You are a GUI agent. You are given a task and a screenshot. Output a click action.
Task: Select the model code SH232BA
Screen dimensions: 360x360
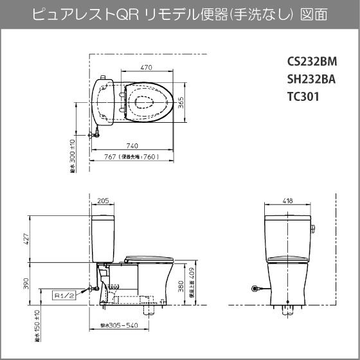[312, 80]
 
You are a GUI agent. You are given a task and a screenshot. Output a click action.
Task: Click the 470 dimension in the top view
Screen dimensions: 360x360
[147, 67]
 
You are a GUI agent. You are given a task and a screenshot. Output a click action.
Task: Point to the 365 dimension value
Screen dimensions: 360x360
[181, 103]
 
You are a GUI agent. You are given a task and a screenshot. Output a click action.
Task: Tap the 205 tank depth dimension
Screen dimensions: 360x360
[103, 201]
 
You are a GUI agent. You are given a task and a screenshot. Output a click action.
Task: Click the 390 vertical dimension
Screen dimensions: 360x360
[26, 283]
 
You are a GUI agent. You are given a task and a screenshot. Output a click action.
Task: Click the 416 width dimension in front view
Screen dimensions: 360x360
[287, 201]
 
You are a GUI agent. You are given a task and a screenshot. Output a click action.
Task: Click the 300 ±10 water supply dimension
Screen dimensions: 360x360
[73, 155]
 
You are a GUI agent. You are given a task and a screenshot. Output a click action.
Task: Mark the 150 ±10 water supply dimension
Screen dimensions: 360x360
[37, 325]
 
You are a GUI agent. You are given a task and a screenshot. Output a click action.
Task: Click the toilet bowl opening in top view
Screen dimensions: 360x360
[145, 102]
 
